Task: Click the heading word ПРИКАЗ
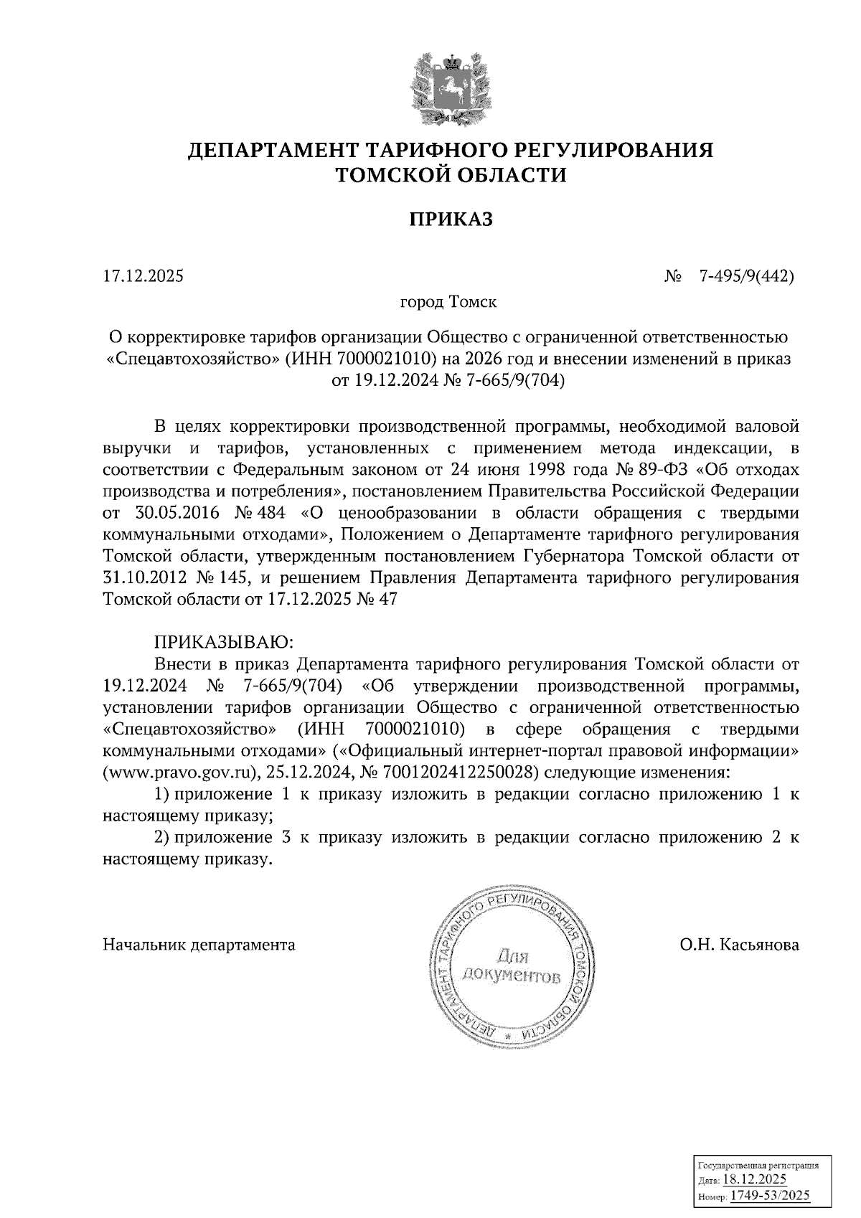coord(451,219)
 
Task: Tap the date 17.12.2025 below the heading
coord(143,275)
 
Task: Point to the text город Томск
coord(448,302)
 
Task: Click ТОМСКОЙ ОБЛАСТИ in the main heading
coord(451,175)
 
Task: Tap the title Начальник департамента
coord(199,945)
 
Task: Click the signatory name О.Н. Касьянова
coord(739,945)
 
